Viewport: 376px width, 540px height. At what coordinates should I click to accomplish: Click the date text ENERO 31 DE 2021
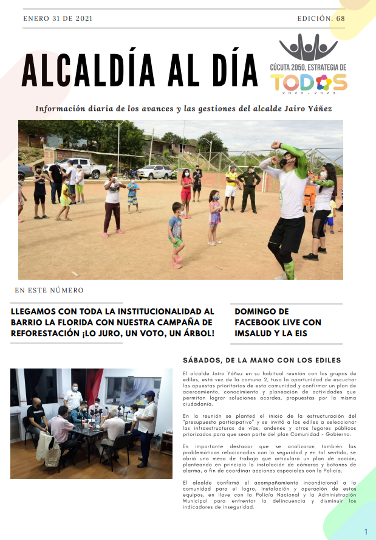58,18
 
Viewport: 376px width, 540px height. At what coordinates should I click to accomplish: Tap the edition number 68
340,18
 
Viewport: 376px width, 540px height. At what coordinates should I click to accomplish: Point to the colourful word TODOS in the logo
309,82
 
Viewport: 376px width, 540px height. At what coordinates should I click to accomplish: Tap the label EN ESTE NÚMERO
49,290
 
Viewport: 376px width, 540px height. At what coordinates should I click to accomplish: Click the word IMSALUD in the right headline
255,334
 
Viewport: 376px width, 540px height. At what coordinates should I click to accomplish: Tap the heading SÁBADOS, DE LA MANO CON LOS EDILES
262,360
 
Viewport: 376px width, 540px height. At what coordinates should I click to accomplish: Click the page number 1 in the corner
366,532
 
